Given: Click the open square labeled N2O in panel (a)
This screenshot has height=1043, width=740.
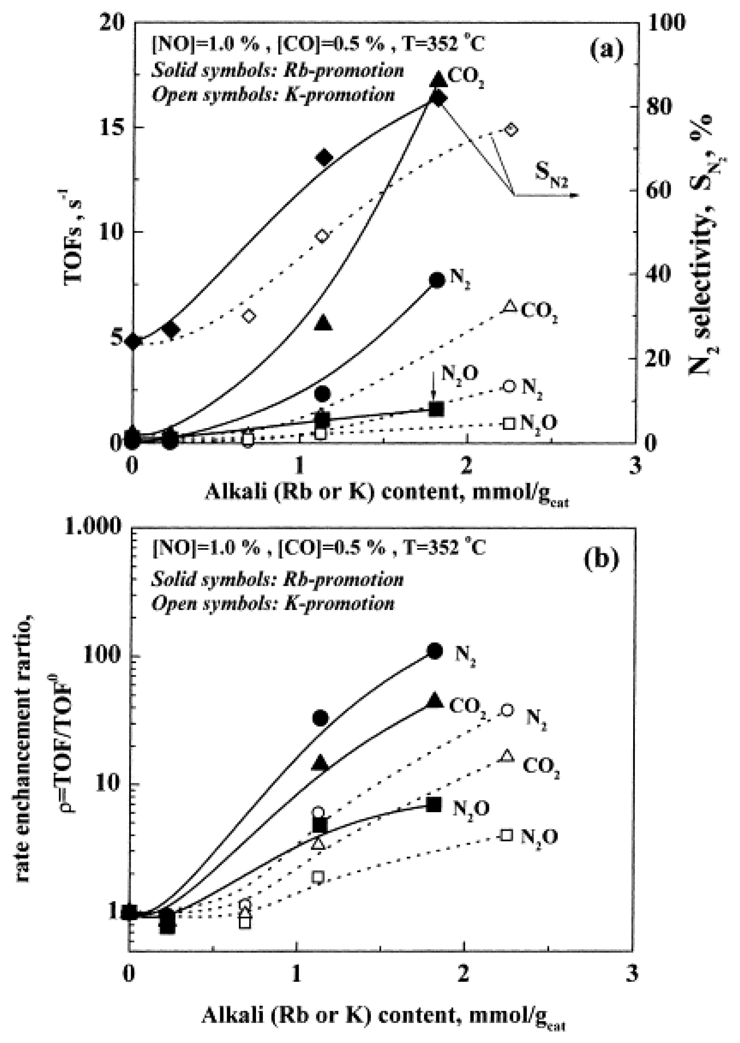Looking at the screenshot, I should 509,424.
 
